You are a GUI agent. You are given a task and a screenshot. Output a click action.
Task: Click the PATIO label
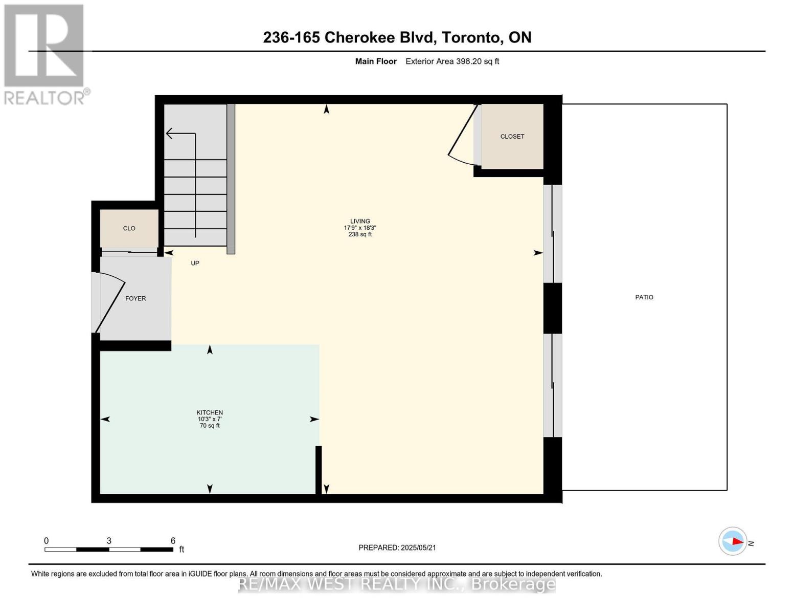coord(644,297)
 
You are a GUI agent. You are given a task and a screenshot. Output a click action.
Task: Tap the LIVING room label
coord(360,221)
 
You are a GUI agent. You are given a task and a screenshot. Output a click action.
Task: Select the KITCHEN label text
coord(210,412)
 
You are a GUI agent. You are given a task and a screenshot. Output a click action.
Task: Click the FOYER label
coord(135,298)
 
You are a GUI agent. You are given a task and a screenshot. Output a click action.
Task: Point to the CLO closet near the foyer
coord(129,229)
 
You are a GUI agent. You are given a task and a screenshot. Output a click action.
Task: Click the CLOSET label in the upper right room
coord(512,137)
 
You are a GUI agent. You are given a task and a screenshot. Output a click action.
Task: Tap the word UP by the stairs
coord(195,263)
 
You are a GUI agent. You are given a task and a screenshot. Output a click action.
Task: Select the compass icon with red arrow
coord(733,541)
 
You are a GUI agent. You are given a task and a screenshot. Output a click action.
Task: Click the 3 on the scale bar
coord(109,541)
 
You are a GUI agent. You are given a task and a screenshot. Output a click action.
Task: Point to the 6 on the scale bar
coord(173,541)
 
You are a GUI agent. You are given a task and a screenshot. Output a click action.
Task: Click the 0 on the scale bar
coord(46,541)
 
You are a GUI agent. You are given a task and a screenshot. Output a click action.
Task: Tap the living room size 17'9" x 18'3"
coord(360,228)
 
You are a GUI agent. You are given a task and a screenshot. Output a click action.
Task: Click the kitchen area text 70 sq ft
coord(210,426)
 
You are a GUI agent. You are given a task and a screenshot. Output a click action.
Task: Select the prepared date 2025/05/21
coord(418,547)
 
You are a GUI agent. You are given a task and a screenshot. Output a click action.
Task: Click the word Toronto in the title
coord(470,37)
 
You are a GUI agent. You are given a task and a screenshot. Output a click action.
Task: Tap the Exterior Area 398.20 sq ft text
coord(452,61)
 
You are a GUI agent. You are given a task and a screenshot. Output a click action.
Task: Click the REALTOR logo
coord(45,54)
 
